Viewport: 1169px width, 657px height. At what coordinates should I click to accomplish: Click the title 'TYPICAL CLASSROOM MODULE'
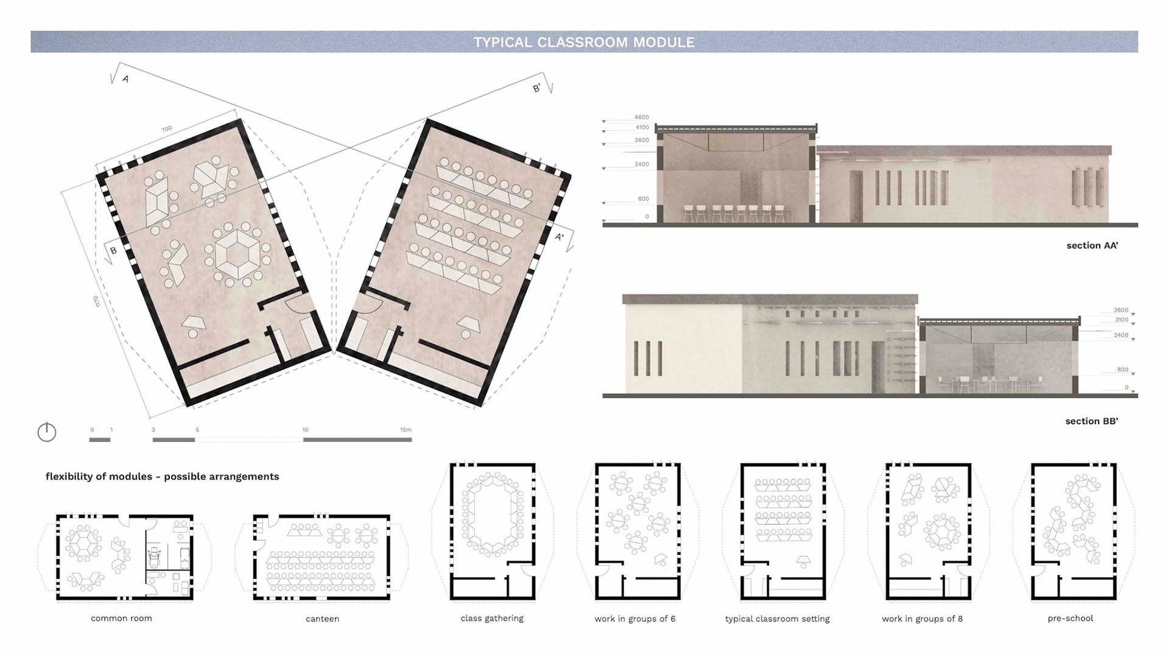tap(584, 42)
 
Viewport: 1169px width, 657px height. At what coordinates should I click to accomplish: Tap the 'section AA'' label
tap(1092, 245)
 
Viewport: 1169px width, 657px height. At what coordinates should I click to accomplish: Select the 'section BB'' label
tap(1091, 421)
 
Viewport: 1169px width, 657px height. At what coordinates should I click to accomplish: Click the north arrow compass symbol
tap(47, 432)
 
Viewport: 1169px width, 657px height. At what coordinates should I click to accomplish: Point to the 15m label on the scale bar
tap(405, 430)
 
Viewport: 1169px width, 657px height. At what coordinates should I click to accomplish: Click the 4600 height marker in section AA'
tap(642, 117)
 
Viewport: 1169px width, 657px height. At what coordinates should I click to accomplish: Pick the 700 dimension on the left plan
tap(167, 129)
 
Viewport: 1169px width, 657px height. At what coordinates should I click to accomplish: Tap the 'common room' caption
tap(121, 618)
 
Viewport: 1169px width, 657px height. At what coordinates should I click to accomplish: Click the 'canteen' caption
tap(322, 619)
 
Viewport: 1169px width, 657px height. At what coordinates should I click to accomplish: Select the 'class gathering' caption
tap(492, 618)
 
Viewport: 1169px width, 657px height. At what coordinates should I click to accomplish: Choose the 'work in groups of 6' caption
tap(635, 619)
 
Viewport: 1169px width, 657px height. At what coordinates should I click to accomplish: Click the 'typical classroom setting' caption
tap(778, 619)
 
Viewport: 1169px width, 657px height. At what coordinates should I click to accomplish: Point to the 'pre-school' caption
tap(1070, 618)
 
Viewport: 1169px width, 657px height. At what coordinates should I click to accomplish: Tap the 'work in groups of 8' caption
tap(922, 619)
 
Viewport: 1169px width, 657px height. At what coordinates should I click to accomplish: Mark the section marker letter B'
tap(536, 88)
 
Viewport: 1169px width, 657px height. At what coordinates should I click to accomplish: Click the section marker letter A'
tap(559, 237)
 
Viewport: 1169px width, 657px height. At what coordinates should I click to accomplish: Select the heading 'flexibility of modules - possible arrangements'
tap(162, 476)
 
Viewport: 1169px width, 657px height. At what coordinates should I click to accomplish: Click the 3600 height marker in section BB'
tap(1121, 310)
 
